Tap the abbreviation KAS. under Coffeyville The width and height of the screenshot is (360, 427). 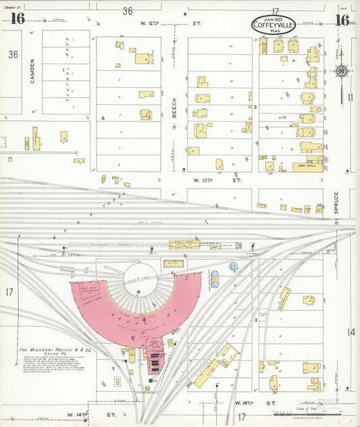pyautogui.click(x=273, y=32)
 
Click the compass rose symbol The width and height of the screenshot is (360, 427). pyautogui.click(x=343, y=72)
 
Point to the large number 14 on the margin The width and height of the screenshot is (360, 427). pyautogui.click(x=351, y=332)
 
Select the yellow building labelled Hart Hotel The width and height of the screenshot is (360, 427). pyautogui.click(x=307, y=167)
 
